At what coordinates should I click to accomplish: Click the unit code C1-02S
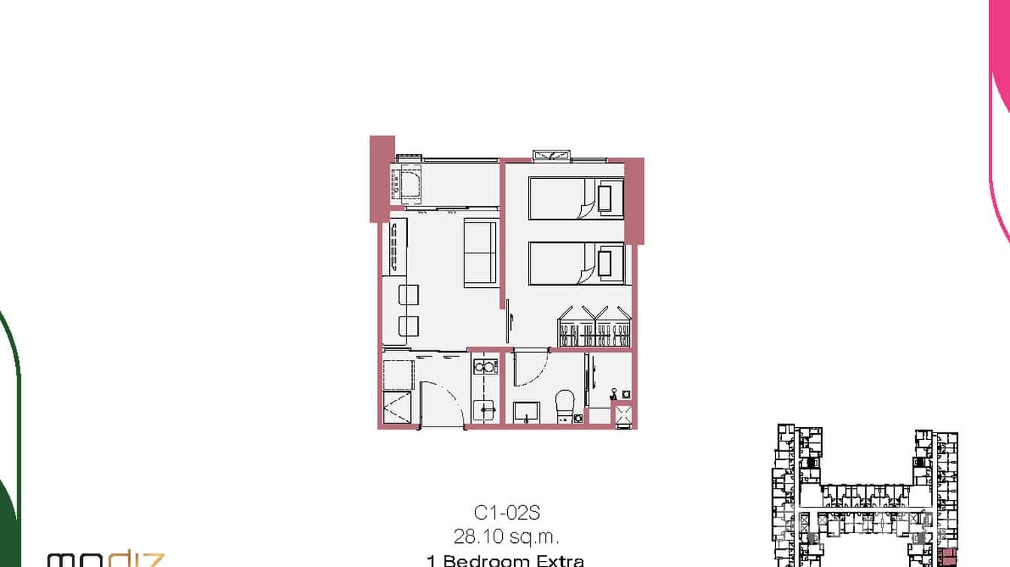tap(507, 514)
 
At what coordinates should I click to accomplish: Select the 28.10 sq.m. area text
tap(507, 537)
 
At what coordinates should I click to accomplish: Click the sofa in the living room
tap(479, 253)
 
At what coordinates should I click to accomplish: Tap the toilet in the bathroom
tap(565, 405)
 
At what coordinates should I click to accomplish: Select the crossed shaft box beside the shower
tap(623, 415)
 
